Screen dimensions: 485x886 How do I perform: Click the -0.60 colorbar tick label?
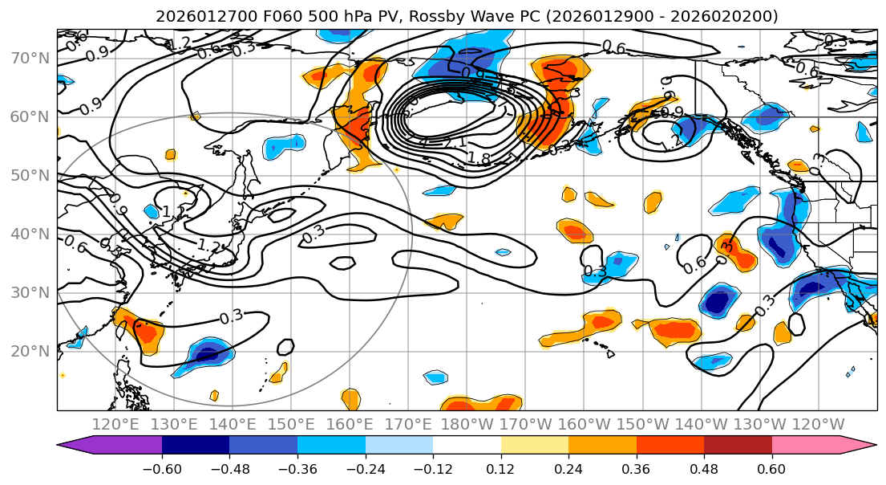(x=161, y=468)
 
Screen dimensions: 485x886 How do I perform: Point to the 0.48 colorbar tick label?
(x=704, y=468)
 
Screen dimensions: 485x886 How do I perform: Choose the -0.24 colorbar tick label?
(x=365, y=468)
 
